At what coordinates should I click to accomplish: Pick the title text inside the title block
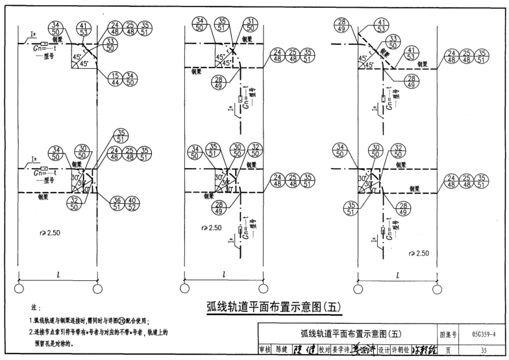click(349, 334)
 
